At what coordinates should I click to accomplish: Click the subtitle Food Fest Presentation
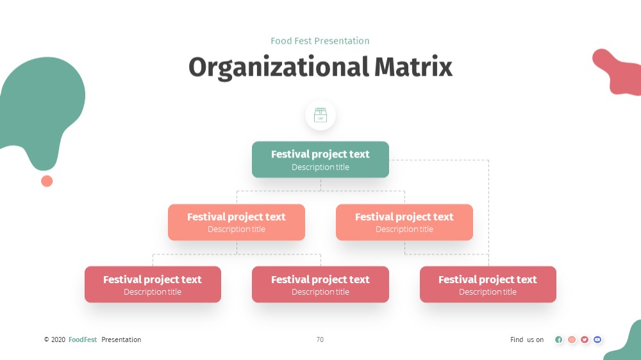pyautogui.click(x=320, y=41)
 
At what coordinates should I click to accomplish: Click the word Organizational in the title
pyautogui.click(x=279, y=67)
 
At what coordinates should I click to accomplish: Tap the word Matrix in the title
pyautogui.click(x=413, y=67)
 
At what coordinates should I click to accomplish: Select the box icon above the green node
pyautogui.click(x=320, y=115)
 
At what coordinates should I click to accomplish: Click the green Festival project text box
pyautogui.click(x=320, y=160)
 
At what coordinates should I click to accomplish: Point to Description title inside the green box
pyautogui.click(x=320, y=167)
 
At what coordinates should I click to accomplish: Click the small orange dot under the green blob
pyautogui.click(x=47, y=181)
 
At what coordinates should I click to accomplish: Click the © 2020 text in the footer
pyautogui.click(x=54, y=340)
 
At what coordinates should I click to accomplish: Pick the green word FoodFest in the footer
pyautogui.click(x=83, y=340)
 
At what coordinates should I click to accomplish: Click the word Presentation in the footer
pyautogui.click(x=121, y=340)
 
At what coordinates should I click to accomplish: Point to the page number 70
pyautogui.click(x=320, y=340)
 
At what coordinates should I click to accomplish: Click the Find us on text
pyautogui.click(x=527, y=340)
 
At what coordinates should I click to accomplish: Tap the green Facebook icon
pyautogui.click(x=559, y=340)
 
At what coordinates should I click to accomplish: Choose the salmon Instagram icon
pyautogui.click(x=572, y=340)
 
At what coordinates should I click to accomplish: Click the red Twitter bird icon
pyautogui.click(x=585, y=340)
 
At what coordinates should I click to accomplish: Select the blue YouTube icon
pyautogui.click(x=597, y=340)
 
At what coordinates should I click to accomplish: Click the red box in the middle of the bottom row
pyautogui.click(x=320, y=284)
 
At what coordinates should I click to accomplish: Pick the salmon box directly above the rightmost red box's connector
pyautogui.click(x=404, y=222)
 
